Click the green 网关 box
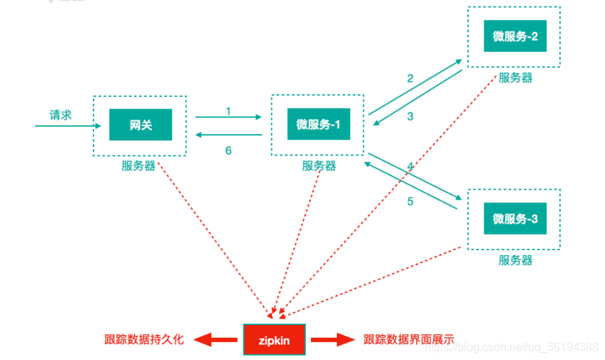pos(141,125)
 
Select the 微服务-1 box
pos(318,125)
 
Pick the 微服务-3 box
pos(514,219)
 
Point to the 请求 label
pos(61,115)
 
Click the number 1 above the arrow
pos(228,110)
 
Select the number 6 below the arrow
pos(228,150)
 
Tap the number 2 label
pos(410,78)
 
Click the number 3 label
pos(410,117)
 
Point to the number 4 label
pos(410,166)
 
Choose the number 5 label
pos(410,201)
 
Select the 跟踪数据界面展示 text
pos(409,340)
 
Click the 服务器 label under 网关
pos(138,166)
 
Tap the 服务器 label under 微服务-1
pos(319,166)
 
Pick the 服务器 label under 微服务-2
pos(515,78)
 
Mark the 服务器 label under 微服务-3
pos(515,260)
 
